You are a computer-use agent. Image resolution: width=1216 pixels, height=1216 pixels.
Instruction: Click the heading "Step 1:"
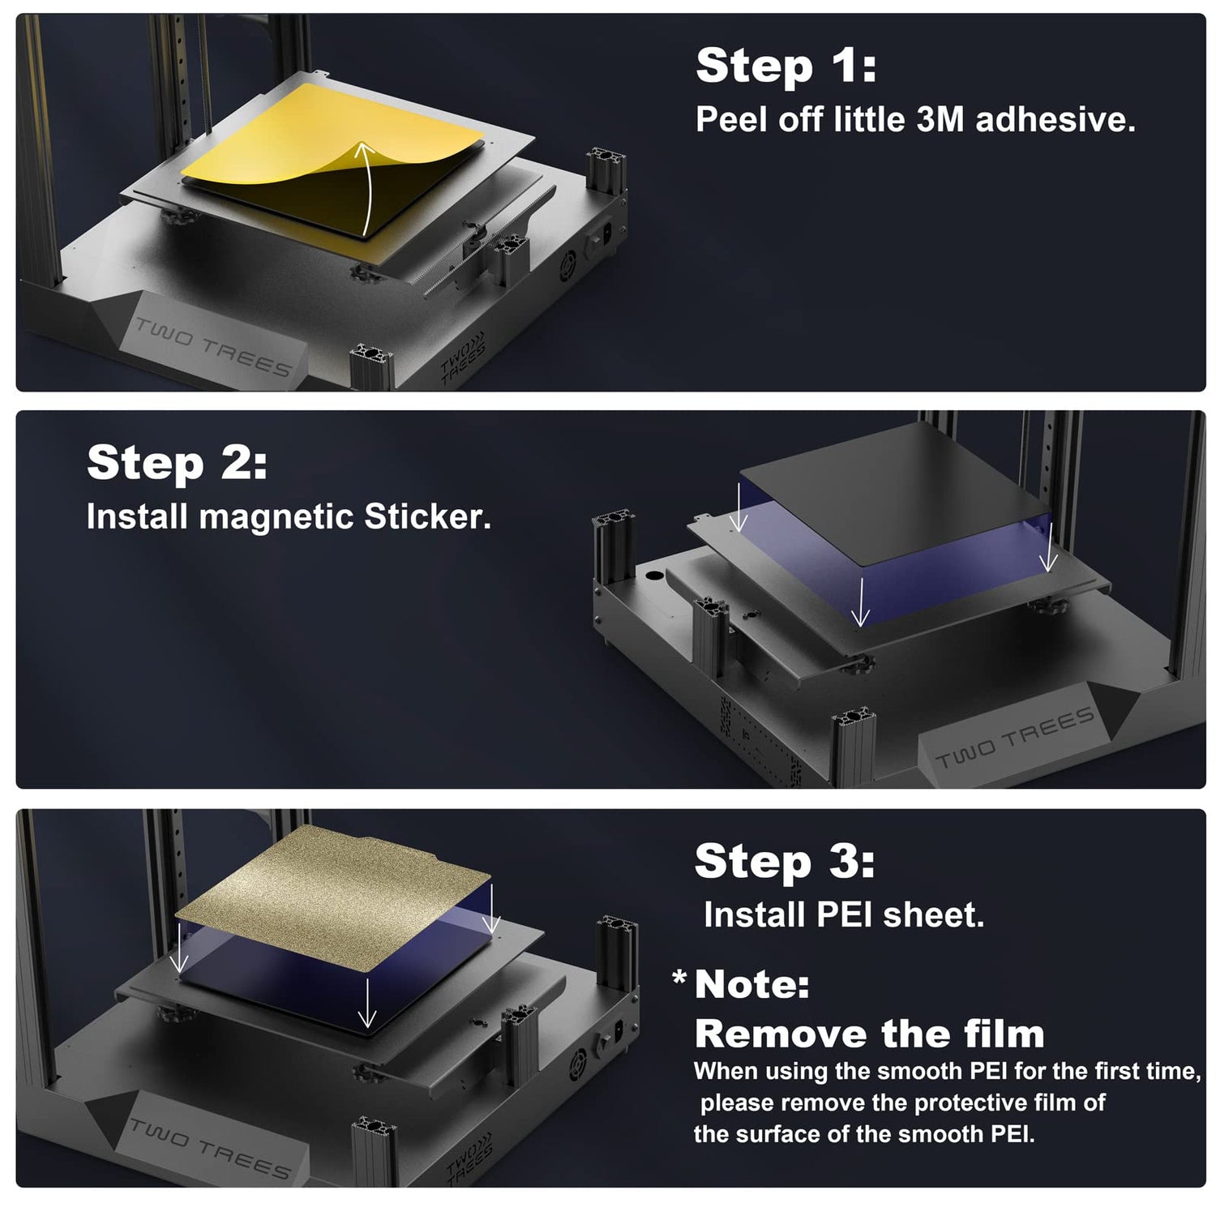786,66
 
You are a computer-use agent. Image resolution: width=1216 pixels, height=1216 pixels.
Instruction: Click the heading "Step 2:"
177,463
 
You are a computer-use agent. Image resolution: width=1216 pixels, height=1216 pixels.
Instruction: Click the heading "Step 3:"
785,861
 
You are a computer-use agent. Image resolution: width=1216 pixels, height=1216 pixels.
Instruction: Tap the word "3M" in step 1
940,120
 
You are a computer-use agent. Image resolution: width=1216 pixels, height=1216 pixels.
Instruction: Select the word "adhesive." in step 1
1055,120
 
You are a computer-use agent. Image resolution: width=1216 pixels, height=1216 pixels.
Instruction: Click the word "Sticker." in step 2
427,517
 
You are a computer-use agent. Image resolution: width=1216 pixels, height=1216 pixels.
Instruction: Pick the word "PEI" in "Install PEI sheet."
844,915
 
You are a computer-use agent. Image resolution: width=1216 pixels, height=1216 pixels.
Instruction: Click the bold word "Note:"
752,985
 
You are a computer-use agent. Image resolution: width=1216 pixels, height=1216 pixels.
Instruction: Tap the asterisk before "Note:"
679,978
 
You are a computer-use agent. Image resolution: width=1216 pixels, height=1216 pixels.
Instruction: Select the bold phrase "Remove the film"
870,1034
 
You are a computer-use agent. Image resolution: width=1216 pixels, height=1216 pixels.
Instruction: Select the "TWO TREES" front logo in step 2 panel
1014,737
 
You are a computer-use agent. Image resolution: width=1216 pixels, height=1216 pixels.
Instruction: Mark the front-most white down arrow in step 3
367,1003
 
